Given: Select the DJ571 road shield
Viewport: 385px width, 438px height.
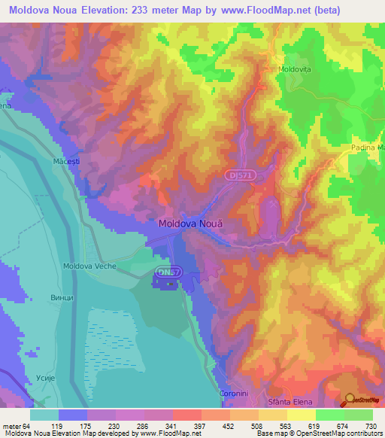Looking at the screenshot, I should coord(238,174).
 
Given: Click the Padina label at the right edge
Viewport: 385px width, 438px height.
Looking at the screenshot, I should coord(367,148).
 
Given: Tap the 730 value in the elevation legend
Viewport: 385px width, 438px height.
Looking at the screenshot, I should coord(371,425).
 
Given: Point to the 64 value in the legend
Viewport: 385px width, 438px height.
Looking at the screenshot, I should coord(30,425).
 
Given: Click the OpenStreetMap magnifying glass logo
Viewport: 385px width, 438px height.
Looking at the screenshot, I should coord(350,399).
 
